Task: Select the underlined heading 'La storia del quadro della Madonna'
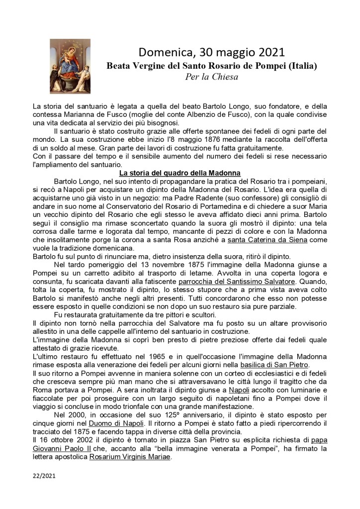pyautogui.click(x=180, y=173)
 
